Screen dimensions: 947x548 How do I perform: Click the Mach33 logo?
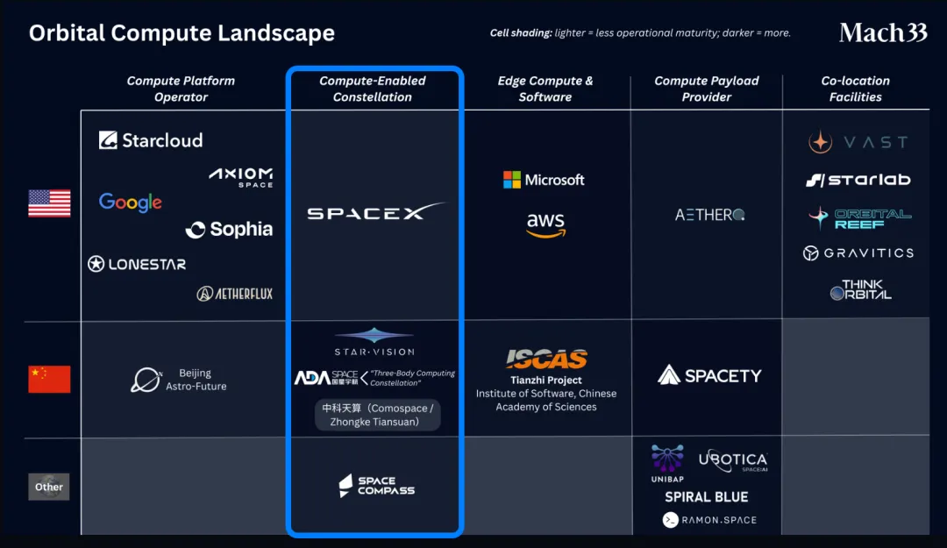point(882,33)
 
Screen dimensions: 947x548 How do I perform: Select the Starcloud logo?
point(151,140)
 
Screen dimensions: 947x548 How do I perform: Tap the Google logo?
point(131,203)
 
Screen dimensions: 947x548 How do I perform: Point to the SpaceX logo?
point(375,212)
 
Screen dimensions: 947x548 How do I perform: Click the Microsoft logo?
point(544,180)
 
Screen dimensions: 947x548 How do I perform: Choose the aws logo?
point(545,225)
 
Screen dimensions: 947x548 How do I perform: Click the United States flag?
point(49,203)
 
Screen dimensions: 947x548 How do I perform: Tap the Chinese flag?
point(49,379)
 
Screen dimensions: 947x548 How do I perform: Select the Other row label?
point(49,487)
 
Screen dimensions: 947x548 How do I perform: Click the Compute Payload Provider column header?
point(706,89)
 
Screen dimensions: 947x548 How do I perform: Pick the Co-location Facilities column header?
point(855,89)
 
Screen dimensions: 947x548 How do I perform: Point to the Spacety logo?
point(709,375)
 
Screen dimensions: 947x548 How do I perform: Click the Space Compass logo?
point(377,486)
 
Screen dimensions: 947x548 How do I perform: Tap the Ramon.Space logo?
point(709,520)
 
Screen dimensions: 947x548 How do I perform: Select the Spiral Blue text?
point(706,497)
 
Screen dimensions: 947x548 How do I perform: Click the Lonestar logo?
point(137,264)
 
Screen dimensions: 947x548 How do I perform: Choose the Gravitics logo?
point(858,253)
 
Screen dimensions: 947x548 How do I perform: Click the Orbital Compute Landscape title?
point(182,34)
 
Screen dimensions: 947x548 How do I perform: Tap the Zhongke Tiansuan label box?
point(377,415)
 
